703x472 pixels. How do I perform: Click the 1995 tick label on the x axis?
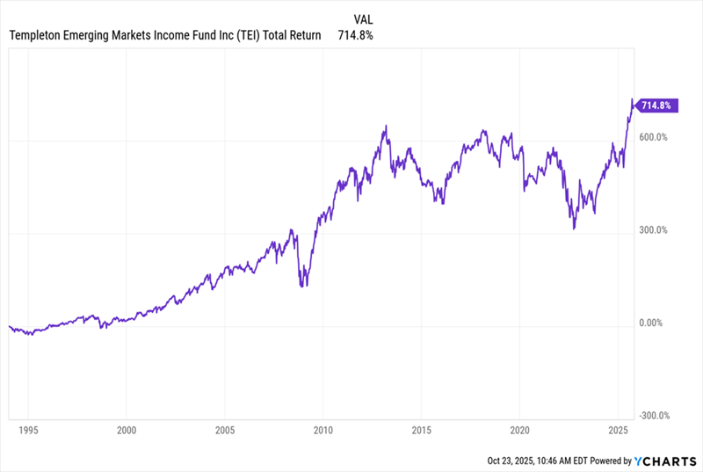[27, 432]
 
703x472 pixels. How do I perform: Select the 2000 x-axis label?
[126, 432]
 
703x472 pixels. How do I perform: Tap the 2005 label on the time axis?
[224, 432]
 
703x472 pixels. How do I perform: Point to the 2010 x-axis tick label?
[323, 432]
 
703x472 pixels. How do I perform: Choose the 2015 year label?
[421, 432]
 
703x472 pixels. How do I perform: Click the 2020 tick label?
[519, 432]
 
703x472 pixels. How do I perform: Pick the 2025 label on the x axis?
[618, 432]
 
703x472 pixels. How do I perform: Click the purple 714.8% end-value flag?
[656, 105]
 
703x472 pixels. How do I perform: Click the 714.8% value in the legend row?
[356, 35]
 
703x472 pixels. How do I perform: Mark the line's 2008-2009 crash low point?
[303, 285]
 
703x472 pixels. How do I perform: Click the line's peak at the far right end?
[632, 101]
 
